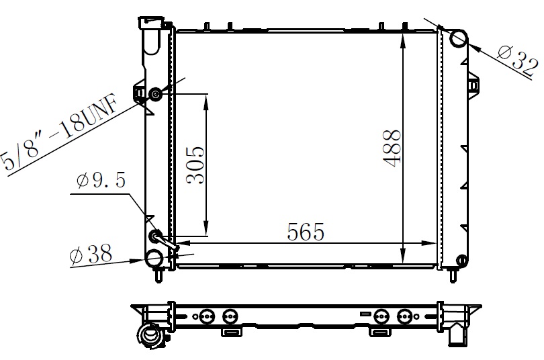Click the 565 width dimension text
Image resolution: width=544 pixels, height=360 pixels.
pyautogui.click(x=306, y=232)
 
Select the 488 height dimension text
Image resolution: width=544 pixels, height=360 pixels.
pyautogui.click(x=392, y=148)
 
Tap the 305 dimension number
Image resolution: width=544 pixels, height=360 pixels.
pyautogui.click(x=195, y=165)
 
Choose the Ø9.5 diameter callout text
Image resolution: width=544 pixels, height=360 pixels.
pyautogui.click(x=101, y=181)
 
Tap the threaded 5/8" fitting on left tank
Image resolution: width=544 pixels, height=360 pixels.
pyautogui.click(x=155, y=94)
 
